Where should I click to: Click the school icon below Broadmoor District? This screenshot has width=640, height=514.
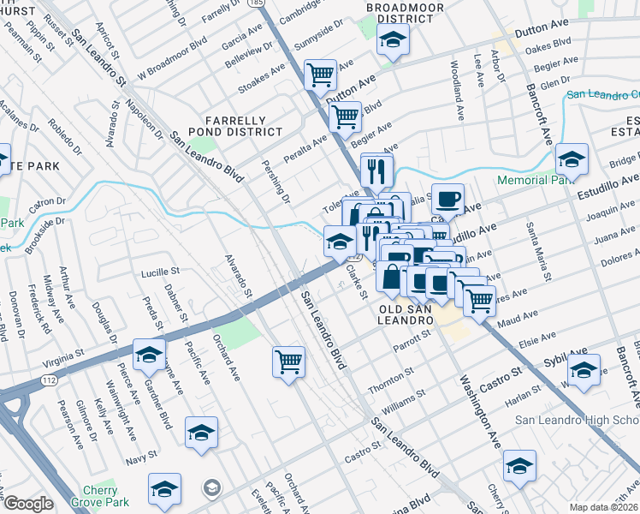tap(393, 39)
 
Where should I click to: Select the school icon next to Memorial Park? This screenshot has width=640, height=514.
tap(572, 159)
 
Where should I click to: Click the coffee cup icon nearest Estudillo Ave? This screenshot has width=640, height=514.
tap(447, 200)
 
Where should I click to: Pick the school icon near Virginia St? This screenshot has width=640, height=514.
tap(150, 355)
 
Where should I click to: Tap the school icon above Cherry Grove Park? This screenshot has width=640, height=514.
tap(164, 489)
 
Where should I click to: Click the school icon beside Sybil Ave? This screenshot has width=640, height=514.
tap(584, 370)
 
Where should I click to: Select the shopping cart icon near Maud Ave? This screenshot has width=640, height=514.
tap(479, 300)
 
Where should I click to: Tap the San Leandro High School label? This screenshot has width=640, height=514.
tap(578, 420)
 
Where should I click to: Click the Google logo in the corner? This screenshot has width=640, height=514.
tap(28, 504)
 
